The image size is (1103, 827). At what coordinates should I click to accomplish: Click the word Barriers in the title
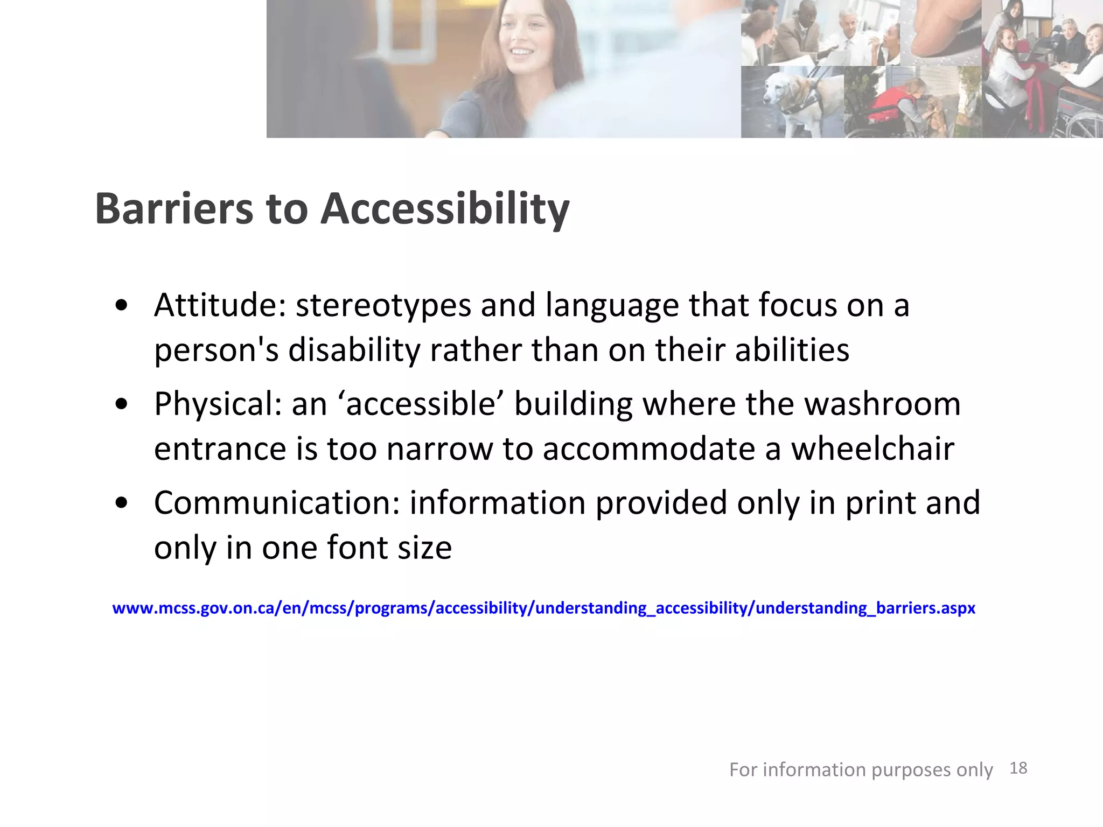coord(174,208)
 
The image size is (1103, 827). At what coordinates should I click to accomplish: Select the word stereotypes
coord(383,305)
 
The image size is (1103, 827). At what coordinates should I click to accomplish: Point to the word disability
coord(354,350)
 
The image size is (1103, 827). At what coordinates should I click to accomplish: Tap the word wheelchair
coord(872,449)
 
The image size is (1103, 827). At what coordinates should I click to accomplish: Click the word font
coord(357,548)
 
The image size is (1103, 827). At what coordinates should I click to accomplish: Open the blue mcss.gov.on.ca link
coord(543,608)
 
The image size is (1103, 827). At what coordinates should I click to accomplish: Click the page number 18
coord(1018,768)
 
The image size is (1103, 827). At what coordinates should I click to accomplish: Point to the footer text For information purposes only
coord(861,770)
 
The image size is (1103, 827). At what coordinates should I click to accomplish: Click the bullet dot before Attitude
coord(122,305)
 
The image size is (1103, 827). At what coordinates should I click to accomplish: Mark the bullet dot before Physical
coord(122,404)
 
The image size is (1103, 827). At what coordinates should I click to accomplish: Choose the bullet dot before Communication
coord(122,503)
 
